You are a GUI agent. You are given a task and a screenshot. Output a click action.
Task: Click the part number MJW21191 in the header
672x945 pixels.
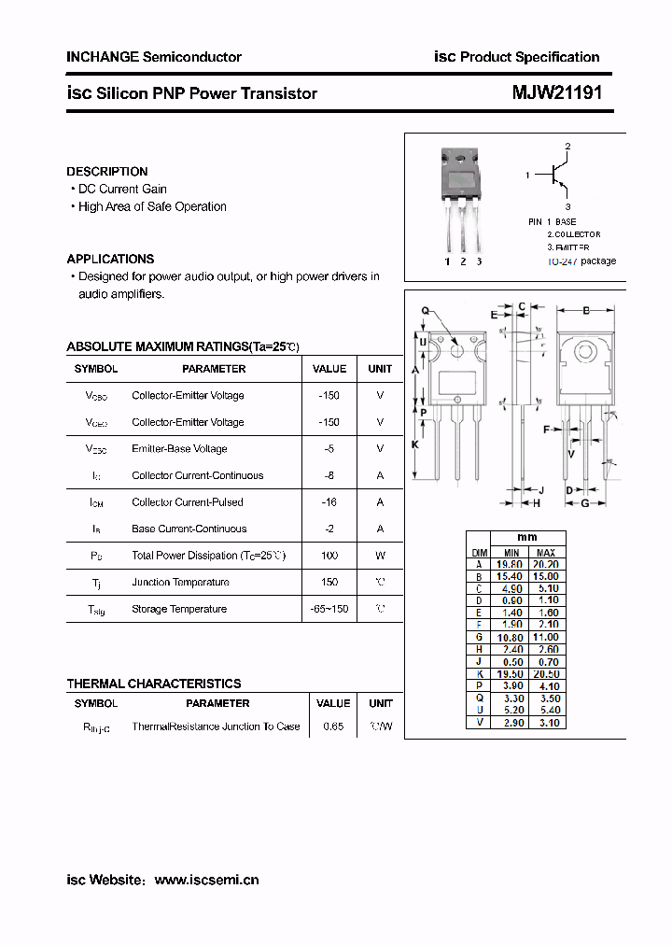[556, 93]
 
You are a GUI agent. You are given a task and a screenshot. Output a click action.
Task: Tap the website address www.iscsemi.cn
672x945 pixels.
[206, 880]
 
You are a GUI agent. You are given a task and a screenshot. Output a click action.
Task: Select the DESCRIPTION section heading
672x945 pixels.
[107, 172]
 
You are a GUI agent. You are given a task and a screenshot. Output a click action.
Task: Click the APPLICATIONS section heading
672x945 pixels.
[110, 259]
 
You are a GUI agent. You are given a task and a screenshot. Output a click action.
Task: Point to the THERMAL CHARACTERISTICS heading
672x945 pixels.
[154, 684]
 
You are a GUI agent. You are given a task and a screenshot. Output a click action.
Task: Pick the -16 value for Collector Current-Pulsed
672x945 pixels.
[329, 502]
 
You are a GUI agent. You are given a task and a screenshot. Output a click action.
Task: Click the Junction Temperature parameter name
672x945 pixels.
[180, 583]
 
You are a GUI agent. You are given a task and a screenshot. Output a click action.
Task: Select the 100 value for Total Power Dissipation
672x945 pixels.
[329, 556]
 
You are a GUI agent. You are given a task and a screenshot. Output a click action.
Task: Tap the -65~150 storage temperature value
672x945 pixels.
[329, 609]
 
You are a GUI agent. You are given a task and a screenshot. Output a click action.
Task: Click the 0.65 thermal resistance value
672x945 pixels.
[332, 726]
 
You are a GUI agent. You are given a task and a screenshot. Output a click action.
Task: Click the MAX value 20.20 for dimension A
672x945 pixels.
[546, 564]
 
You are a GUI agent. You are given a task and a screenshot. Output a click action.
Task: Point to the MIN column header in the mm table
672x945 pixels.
[511, 553]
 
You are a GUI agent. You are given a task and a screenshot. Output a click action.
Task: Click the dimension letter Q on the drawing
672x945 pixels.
[425, 311]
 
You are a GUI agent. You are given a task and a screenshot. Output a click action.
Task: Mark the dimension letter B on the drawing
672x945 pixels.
[586, 311]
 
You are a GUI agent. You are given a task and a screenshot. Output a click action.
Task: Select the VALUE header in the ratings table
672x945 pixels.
[329, 369]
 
